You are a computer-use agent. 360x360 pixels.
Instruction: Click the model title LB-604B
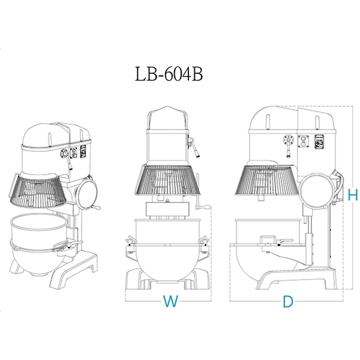[169, 74]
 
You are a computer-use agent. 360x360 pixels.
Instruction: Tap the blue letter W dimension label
[170, 301]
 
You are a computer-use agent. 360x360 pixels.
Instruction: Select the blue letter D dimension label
[288, 301]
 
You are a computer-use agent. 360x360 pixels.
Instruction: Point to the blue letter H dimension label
[353, 194]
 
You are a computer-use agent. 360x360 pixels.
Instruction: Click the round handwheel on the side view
[317, 191]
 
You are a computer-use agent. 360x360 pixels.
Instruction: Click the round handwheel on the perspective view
[87, 194]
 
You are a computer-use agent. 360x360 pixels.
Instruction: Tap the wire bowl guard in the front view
[167, 180]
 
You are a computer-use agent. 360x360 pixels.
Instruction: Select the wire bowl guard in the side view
[268, 180]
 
